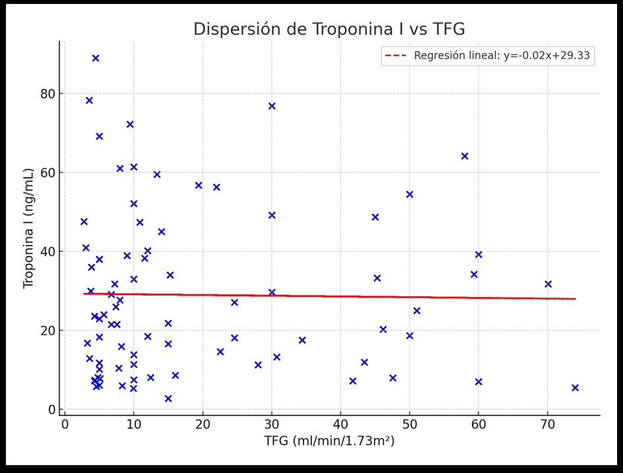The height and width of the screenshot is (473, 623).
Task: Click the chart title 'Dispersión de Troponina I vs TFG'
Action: click(329, 30)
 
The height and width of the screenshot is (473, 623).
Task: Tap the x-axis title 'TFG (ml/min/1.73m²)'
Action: click(329, 441)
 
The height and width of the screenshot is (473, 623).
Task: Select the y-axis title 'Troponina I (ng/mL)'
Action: click(29, 228)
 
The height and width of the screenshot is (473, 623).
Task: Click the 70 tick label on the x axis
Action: click(547, 424)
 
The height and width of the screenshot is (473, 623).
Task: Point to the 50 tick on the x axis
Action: click(409, 424)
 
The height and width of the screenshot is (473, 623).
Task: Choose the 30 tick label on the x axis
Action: click(271, 424)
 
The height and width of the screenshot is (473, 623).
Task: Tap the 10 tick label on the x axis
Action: click(133, 424)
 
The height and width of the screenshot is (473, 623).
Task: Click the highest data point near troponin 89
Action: click(95, 58)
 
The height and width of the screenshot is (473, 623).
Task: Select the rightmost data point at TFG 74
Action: click(575, 388)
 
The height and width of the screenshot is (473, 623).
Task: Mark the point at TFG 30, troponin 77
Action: click(271, 106)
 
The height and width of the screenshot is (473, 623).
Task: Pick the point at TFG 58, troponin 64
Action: click(465, 156)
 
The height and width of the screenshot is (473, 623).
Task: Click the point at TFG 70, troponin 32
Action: click(548, 284)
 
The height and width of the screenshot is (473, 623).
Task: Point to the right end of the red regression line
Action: click(575, 299)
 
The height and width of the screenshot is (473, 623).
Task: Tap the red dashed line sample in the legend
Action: click(396, 56)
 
